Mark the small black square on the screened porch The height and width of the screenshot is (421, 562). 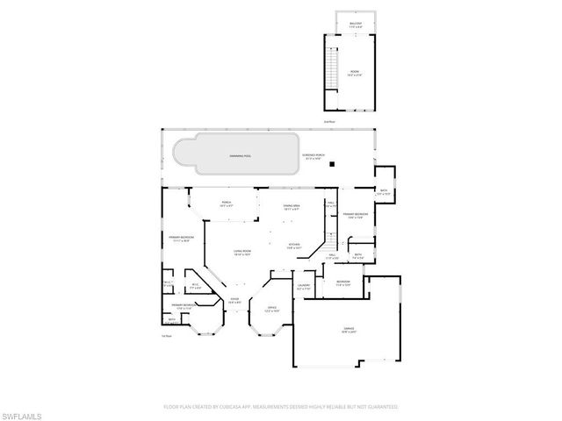[332, 163]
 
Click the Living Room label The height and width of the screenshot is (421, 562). [242, 253]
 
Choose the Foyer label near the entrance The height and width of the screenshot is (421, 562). [234, 300]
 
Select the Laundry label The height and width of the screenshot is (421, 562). [304, 286]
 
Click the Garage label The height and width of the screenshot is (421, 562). [349, 331]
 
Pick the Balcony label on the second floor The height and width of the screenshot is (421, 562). [356, 25]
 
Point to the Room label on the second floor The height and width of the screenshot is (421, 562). [355, 75]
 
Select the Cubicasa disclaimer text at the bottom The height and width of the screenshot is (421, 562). [281, 407]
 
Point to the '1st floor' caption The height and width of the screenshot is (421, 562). [166, 334]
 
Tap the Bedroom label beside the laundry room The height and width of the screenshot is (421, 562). [342, 282]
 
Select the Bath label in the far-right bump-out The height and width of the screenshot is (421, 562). [384, 191]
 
